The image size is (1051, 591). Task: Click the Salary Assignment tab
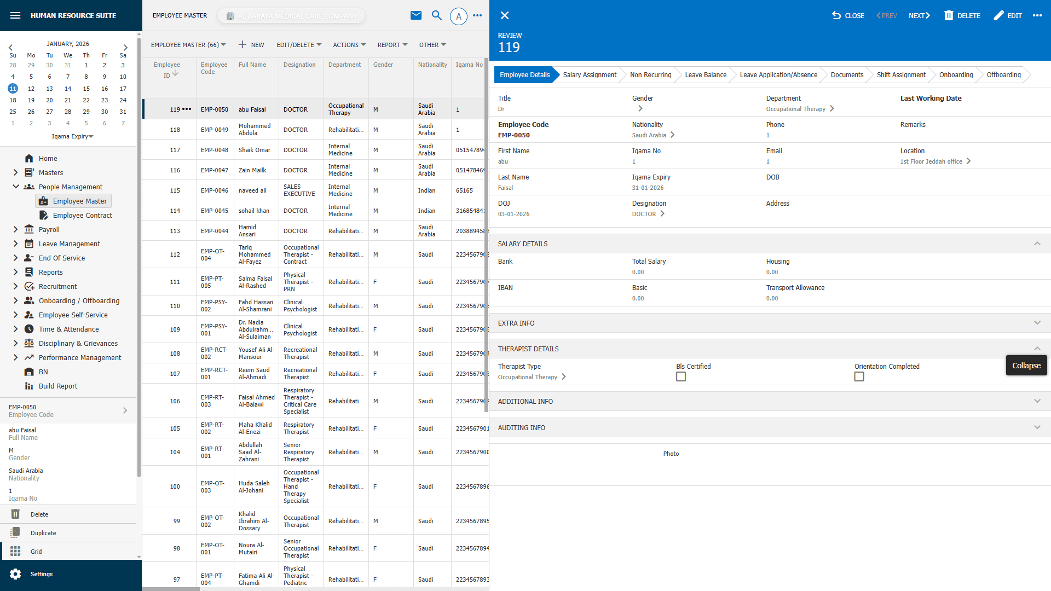point(589,75)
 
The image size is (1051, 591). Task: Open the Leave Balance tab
point(705,75)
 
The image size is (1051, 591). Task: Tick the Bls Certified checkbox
point(681,376)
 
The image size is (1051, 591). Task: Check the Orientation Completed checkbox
point(859,376)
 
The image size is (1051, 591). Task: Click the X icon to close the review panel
point(505,16)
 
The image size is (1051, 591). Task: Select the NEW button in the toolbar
point(251,45)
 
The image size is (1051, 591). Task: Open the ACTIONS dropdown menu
point(349,45)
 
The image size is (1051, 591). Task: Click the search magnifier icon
point(436,15)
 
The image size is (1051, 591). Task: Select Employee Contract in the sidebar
point(82,216)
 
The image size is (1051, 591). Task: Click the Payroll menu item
point(49,230)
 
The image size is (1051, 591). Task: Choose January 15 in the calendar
point(86,89)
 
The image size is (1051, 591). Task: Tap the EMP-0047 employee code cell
point(215,170)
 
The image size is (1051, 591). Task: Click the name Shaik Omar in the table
point(254,150)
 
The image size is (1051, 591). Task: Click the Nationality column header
point(432,65)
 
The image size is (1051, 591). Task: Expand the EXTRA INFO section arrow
point(1037,323)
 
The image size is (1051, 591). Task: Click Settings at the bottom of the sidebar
point(42,574)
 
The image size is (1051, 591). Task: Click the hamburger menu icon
point(15,15)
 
